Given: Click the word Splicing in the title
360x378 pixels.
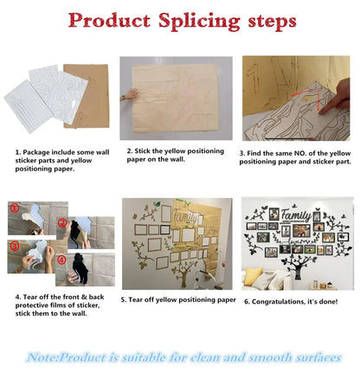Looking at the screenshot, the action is pyautogui.click(x=199, y=22).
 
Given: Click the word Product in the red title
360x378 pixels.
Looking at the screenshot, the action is pyautogui.click(x=109, y=20).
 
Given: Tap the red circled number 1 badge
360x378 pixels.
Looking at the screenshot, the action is pyautogui.click(x=15, y=208).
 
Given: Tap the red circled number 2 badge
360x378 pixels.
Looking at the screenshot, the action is pyautogui.click(x=62, y=222).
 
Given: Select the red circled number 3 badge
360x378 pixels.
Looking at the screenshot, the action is pyautogui.click(x=15, y=246).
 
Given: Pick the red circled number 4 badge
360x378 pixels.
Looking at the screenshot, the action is pyautogui.click(x=61, y=259).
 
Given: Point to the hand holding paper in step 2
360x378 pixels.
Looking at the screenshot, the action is pyautogui.click(x=129, y=95).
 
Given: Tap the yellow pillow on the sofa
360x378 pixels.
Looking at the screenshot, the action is pyautogui.click(x=254, y=276).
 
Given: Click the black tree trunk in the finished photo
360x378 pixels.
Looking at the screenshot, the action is pyautogui.click(x=298, y=267).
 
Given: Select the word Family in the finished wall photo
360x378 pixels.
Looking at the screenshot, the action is pyautogui.click(x=296, y=215).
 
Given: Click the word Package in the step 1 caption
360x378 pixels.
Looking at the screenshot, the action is pyautogui.click(x=35, y=152).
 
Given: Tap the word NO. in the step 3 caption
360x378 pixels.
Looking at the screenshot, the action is pyautogui.click(x=300, y=153).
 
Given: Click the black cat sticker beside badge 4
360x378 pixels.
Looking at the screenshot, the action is pyautogui.click(x=80, y=269).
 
